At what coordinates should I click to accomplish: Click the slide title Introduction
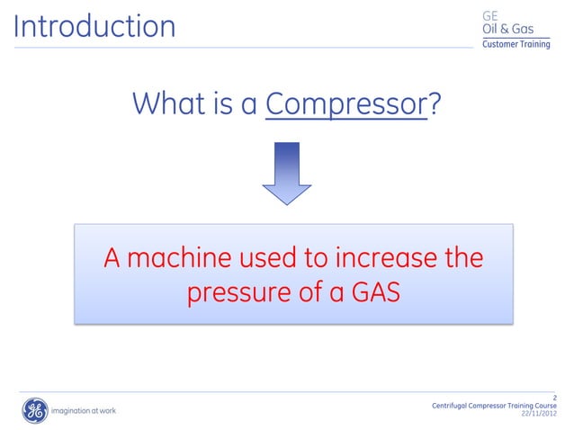pyautogui.click(x=94, y=26)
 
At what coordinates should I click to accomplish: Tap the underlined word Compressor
pyautogui.click(x=346, y=104)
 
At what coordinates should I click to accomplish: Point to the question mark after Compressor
pyautogui.click(x=435, y=104)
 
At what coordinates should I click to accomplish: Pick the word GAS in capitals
pyautogui.click(x=371, y=293)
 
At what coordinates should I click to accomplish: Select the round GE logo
pyautogui.click(x=34, y=411)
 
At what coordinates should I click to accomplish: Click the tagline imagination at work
pyautogui.click(x=84, y=411)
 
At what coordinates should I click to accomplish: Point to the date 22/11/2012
pyautogui.click(x=539, y=414)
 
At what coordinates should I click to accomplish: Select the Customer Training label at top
pyautogui.click(x=516, y=45)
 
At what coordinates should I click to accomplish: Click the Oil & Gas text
pyautogui.click(x=508, y=30)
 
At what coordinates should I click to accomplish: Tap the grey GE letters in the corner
pyautogui.click(x=491, y=15)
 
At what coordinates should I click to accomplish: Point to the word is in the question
pyautogui.click(x=221, y=104)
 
